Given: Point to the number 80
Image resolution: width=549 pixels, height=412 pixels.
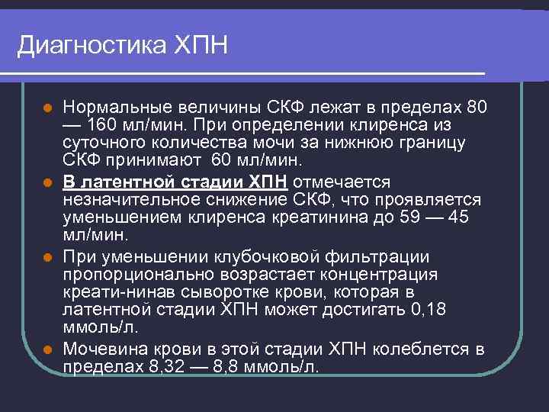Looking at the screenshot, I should (x=477, y=105).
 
